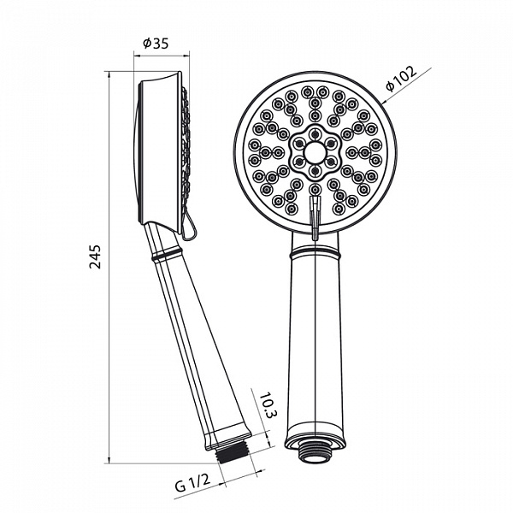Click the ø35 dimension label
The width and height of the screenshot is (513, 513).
coord(156,44)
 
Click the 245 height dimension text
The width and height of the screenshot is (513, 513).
coord(96,256)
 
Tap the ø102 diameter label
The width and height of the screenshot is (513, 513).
coord(402,78)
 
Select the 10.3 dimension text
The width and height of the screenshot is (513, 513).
coord(268,404)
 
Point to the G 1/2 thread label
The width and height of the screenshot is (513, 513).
coord(192,484)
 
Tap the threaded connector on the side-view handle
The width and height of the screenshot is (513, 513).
coord(233,453)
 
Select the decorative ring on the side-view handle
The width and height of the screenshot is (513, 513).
coord(166,254)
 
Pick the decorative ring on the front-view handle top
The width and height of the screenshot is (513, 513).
coord(315,252)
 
